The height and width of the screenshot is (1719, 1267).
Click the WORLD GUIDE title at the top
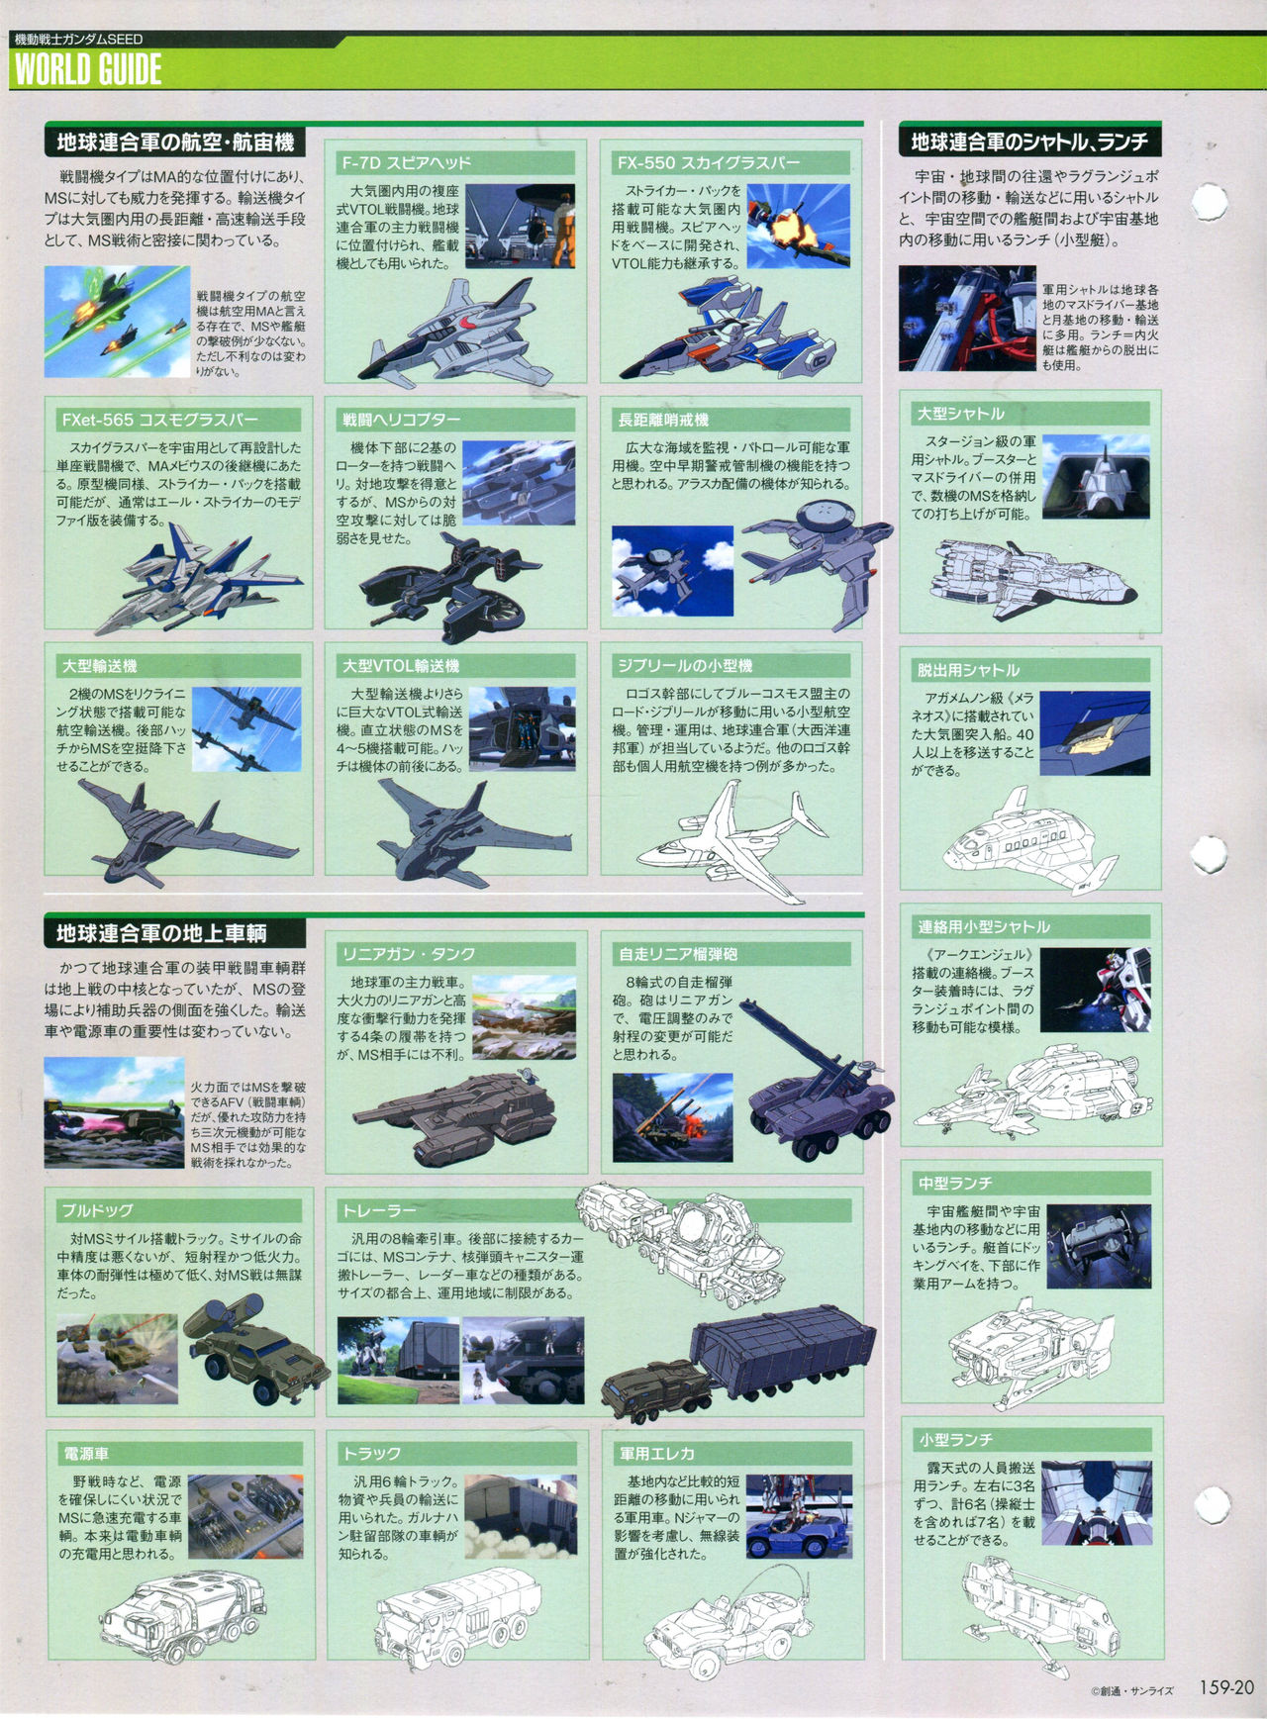pos(88,69)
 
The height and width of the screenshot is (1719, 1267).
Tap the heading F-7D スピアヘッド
pos(406,162)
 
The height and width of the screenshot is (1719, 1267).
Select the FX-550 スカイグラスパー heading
pos(708,162)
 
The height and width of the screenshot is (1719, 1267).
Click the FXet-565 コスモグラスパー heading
pos(159,420)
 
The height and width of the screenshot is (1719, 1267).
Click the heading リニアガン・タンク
pos(409,954)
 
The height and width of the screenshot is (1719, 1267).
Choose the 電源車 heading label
pos(86,1454)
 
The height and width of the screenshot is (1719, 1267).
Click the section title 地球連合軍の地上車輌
pos(161,933)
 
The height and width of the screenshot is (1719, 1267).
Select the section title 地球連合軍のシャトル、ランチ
pos(1029,143)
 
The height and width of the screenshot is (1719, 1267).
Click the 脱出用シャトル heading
pos(968,670)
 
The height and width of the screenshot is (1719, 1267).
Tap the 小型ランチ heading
pos(955,1440)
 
